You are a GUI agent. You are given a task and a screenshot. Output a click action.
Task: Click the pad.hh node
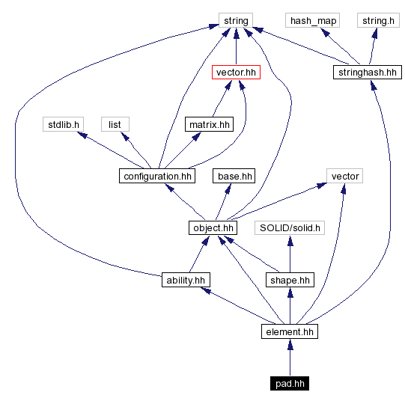pos(289,383)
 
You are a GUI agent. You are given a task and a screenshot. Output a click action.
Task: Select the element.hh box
pos(289,331)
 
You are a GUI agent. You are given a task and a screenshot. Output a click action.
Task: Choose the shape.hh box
pos(289,280)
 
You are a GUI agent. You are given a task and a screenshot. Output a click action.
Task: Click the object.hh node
pos(213,227)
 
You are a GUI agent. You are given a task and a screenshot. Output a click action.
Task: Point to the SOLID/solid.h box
pos(290,227)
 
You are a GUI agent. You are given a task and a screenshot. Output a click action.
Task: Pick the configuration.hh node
pos(156,176)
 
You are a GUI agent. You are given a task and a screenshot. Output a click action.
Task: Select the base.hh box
pos(234,176)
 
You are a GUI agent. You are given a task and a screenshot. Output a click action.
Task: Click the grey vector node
pos(344,176)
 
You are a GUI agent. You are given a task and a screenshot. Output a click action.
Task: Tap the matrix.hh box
pos(209,124)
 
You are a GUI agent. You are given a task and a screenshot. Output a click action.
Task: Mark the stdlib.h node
pos(61,124)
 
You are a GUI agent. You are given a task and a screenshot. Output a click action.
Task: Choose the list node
pos(115,124)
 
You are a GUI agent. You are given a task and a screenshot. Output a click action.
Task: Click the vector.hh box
pos(236,73)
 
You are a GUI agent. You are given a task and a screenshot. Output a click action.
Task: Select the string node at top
pos(236,20)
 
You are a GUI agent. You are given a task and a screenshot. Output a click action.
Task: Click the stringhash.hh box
pos(367,73)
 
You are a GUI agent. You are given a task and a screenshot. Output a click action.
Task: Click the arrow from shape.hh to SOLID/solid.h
pos(289,254)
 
